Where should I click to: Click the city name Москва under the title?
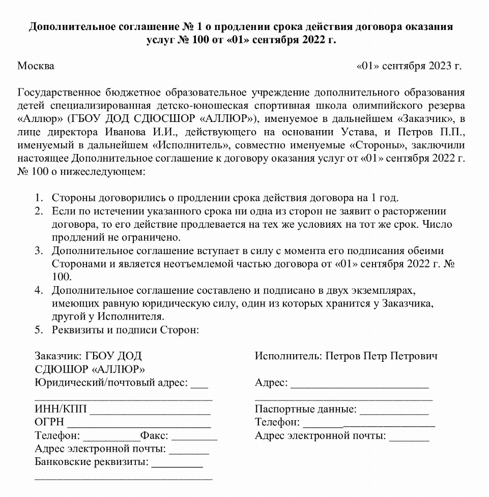pos(36,66)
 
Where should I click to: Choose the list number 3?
pos(38,251)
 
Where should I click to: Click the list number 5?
pos(38,330)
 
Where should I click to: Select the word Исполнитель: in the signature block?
pos(289,356)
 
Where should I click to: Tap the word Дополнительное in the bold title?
pos(74,26)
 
